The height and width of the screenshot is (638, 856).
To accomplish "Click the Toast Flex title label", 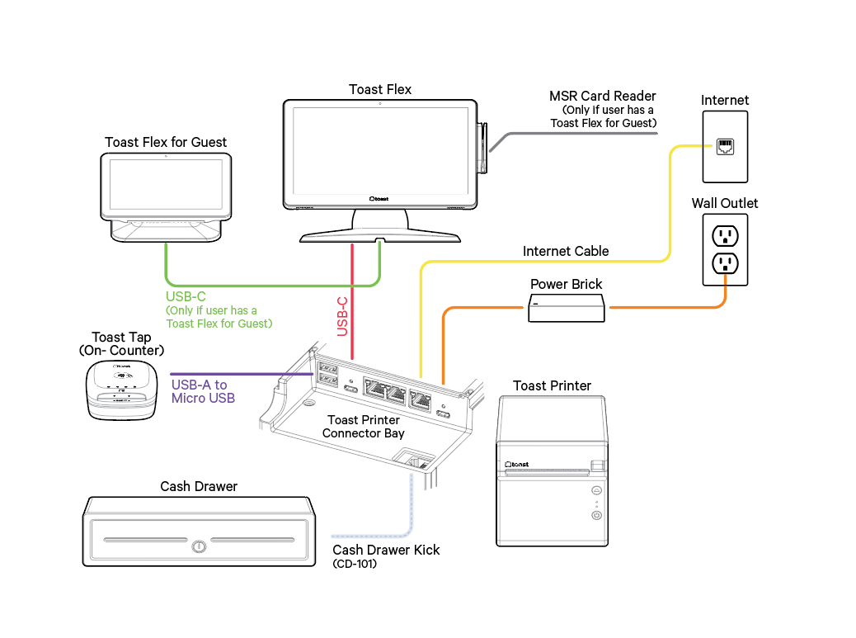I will (x=380, y=89).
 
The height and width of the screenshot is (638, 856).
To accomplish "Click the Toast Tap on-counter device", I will (x=121, y=387).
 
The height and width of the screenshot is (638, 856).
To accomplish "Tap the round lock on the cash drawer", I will (x=199, y=546).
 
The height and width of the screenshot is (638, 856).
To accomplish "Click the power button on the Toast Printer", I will (x=596, y=515).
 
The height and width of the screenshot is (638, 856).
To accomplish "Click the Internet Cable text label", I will (x=566, y=251).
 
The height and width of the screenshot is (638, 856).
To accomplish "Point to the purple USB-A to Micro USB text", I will (x=203, y=391).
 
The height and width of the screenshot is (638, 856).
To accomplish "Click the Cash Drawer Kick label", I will (x=386, y=550).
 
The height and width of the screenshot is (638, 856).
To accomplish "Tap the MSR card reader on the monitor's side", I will (x=484, y=149).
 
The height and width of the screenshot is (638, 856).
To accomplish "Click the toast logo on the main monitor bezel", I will (x=379, y=198).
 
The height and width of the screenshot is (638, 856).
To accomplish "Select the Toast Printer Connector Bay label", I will (x=364, y=427).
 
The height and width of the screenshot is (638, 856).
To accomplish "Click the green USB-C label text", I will (x=186, y=296).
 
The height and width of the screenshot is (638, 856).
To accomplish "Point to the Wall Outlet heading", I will (x=725, y=203).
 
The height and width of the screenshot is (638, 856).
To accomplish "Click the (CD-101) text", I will (x=355, y=565).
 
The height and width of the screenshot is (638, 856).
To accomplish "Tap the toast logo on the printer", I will (x=518, y=465).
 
